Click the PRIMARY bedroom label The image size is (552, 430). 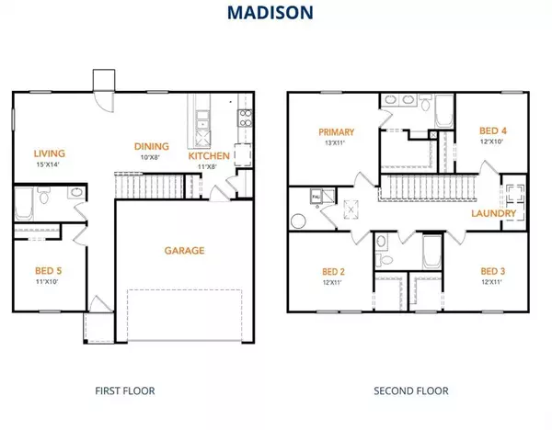[336, 131]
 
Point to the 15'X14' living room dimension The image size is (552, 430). [49, 165]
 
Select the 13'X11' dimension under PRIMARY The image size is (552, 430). [336, 143]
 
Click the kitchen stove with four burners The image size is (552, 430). [246, 117]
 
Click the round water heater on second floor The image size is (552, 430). [298, 221]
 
